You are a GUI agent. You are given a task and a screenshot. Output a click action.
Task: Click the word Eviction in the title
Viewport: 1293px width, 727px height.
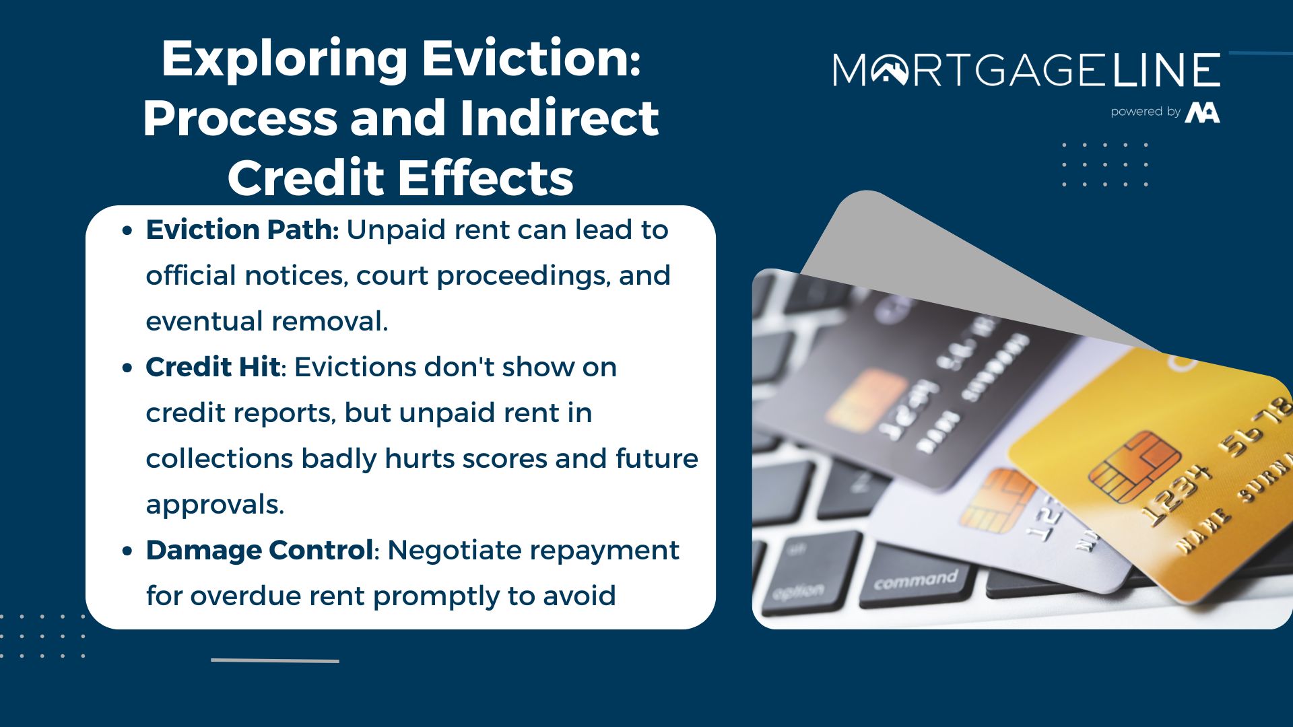[x=531, y=59]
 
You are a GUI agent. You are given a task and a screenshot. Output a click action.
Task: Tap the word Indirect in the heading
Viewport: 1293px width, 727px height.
[x=559, y=118]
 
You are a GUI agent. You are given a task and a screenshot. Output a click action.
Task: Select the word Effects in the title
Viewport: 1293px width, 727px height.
[x=485, y=178]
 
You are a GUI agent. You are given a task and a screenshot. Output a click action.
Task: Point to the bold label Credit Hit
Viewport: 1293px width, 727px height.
[x=213, y=368]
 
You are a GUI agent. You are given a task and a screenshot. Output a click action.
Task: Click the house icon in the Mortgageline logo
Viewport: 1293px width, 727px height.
[x=890, y=70]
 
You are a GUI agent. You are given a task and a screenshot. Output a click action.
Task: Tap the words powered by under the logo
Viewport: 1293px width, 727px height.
[x=1146, y=112]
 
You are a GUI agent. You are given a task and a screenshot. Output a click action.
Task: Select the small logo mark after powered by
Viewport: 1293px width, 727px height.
[x=1203, y=112]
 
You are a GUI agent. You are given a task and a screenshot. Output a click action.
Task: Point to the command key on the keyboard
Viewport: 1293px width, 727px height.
[x=915, y=580]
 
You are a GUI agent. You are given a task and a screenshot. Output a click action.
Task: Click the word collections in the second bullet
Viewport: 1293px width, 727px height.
[x=220, y=459]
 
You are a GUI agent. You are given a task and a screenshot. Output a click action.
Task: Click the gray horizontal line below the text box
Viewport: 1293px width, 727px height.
[x=275, y=660]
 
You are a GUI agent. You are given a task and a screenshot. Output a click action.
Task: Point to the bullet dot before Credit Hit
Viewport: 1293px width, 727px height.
[x=127, y=368]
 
